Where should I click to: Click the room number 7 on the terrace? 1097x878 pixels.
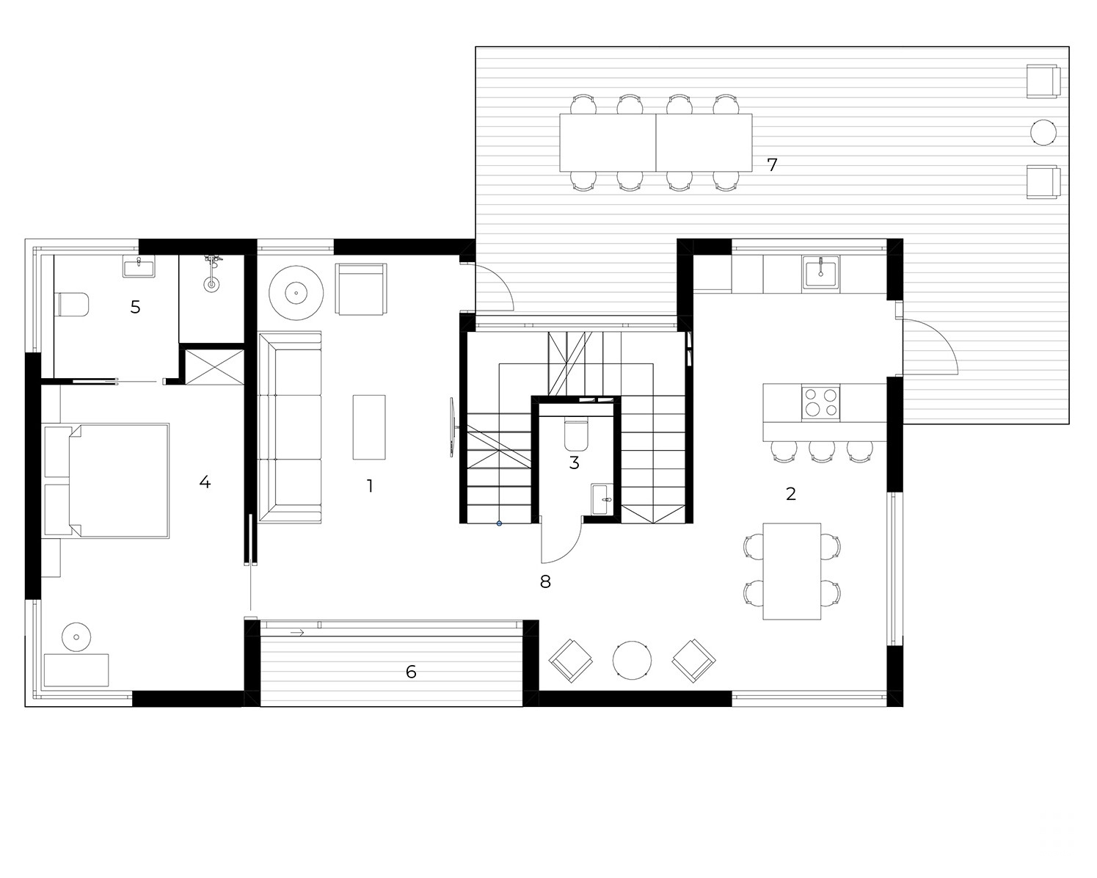point(772,164)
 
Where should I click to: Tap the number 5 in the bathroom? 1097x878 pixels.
point(135,307)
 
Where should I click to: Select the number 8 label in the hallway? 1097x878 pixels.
point(545,581)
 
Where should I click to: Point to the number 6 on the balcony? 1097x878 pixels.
point(411,672)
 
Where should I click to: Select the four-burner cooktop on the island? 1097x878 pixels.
point(820,402)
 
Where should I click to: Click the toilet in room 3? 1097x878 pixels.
point(577,434)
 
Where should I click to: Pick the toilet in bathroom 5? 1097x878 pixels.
point(73,304)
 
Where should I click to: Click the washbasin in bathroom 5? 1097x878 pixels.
point(139,266)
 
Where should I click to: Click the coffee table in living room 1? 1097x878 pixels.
point(369,427)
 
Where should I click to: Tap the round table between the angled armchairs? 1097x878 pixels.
point(632,661)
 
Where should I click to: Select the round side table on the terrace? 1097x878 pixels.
point(1043,133)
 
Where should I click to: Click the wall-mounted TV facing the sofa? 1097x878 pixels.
point(453,427)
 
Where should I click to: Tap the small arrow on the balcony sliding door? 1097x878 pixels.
point(297,633)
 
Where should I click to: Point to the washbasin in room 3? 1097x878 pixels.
point(604,499)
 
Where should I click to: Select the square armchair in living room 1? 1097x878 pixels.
point(361,289)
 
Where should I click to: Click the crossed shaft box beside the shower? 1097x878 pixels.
point(214,367)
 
